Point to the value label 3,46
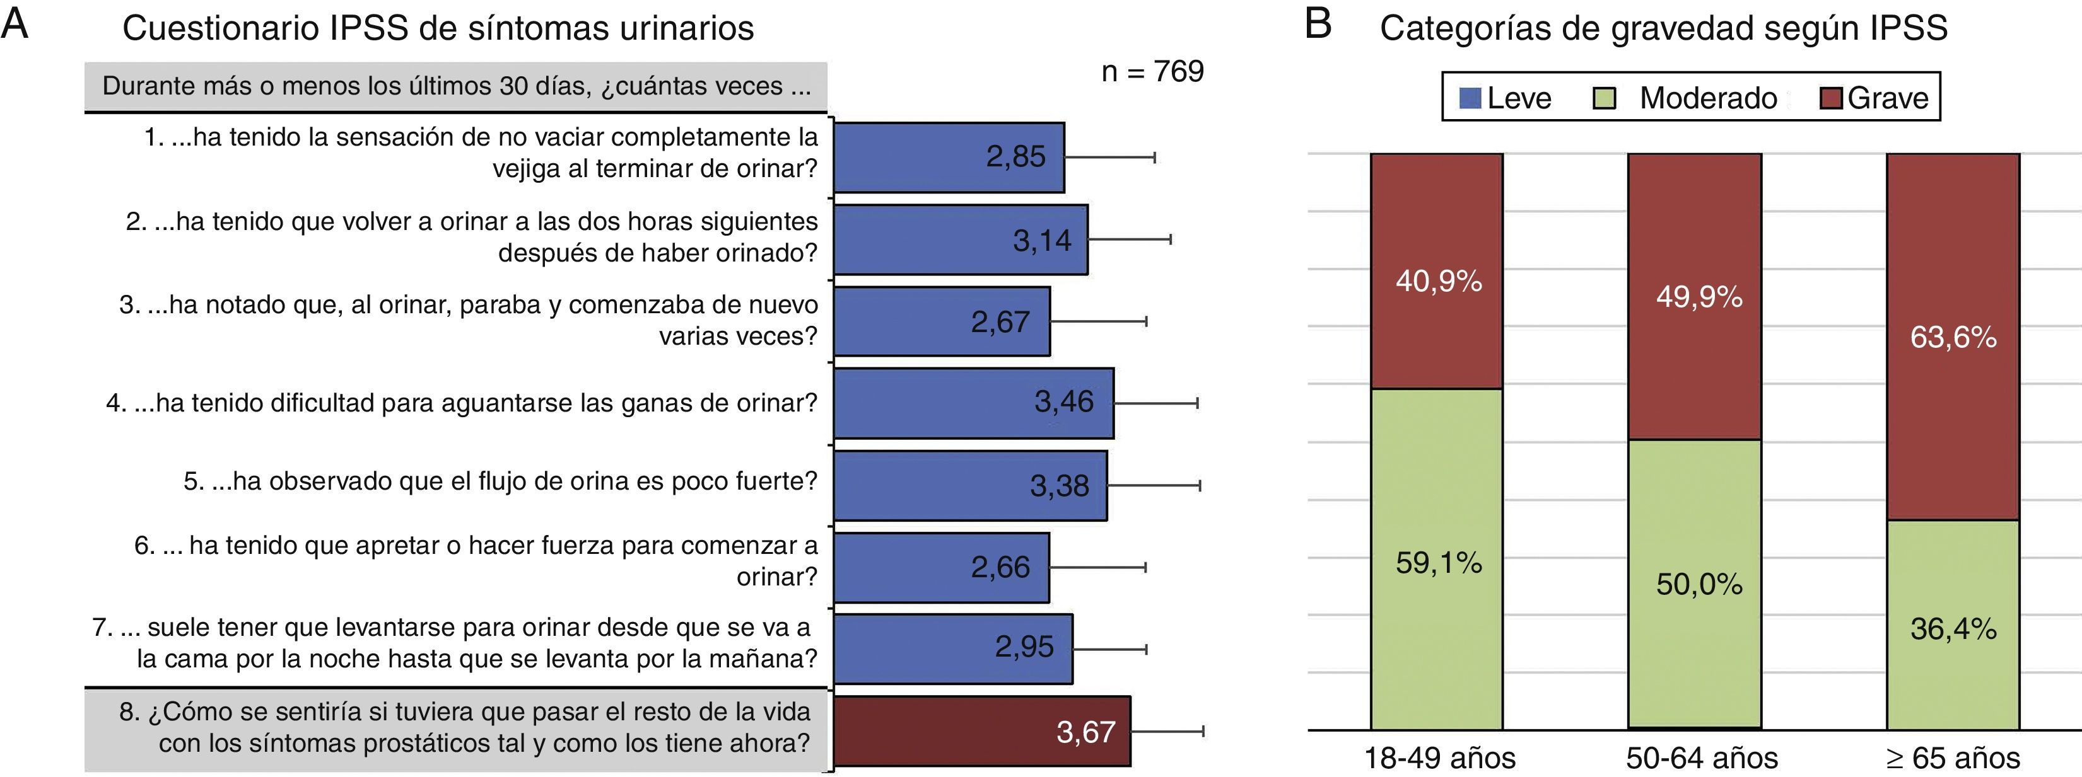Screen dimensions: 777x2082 tap(1063, 401)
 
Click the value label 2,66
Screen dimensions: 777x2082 tap(1000, 567)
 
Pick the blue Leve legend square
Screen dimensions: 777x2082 tap(1470, 98)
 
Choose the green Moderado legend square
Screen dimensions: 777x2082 tap(1603, 98)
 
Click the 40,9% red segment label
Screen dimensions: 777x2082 tap(1439, 281)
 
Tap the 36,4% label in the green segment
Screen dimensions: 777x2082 tap(1953, 628)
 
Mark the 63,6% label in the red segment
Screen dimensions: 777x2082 tap(1953, 337)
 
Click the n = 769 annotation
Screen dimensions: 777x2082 tap(1152, 72)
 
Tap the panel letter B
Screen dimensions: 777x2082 tap(1318, 25)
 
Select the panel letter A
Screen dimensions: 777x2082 tap(15, 25)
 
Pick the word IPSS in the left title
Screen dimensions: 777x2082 tap(368, 28)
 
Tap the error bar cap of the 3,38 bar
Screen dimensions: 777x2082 tap(1200, 485)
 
